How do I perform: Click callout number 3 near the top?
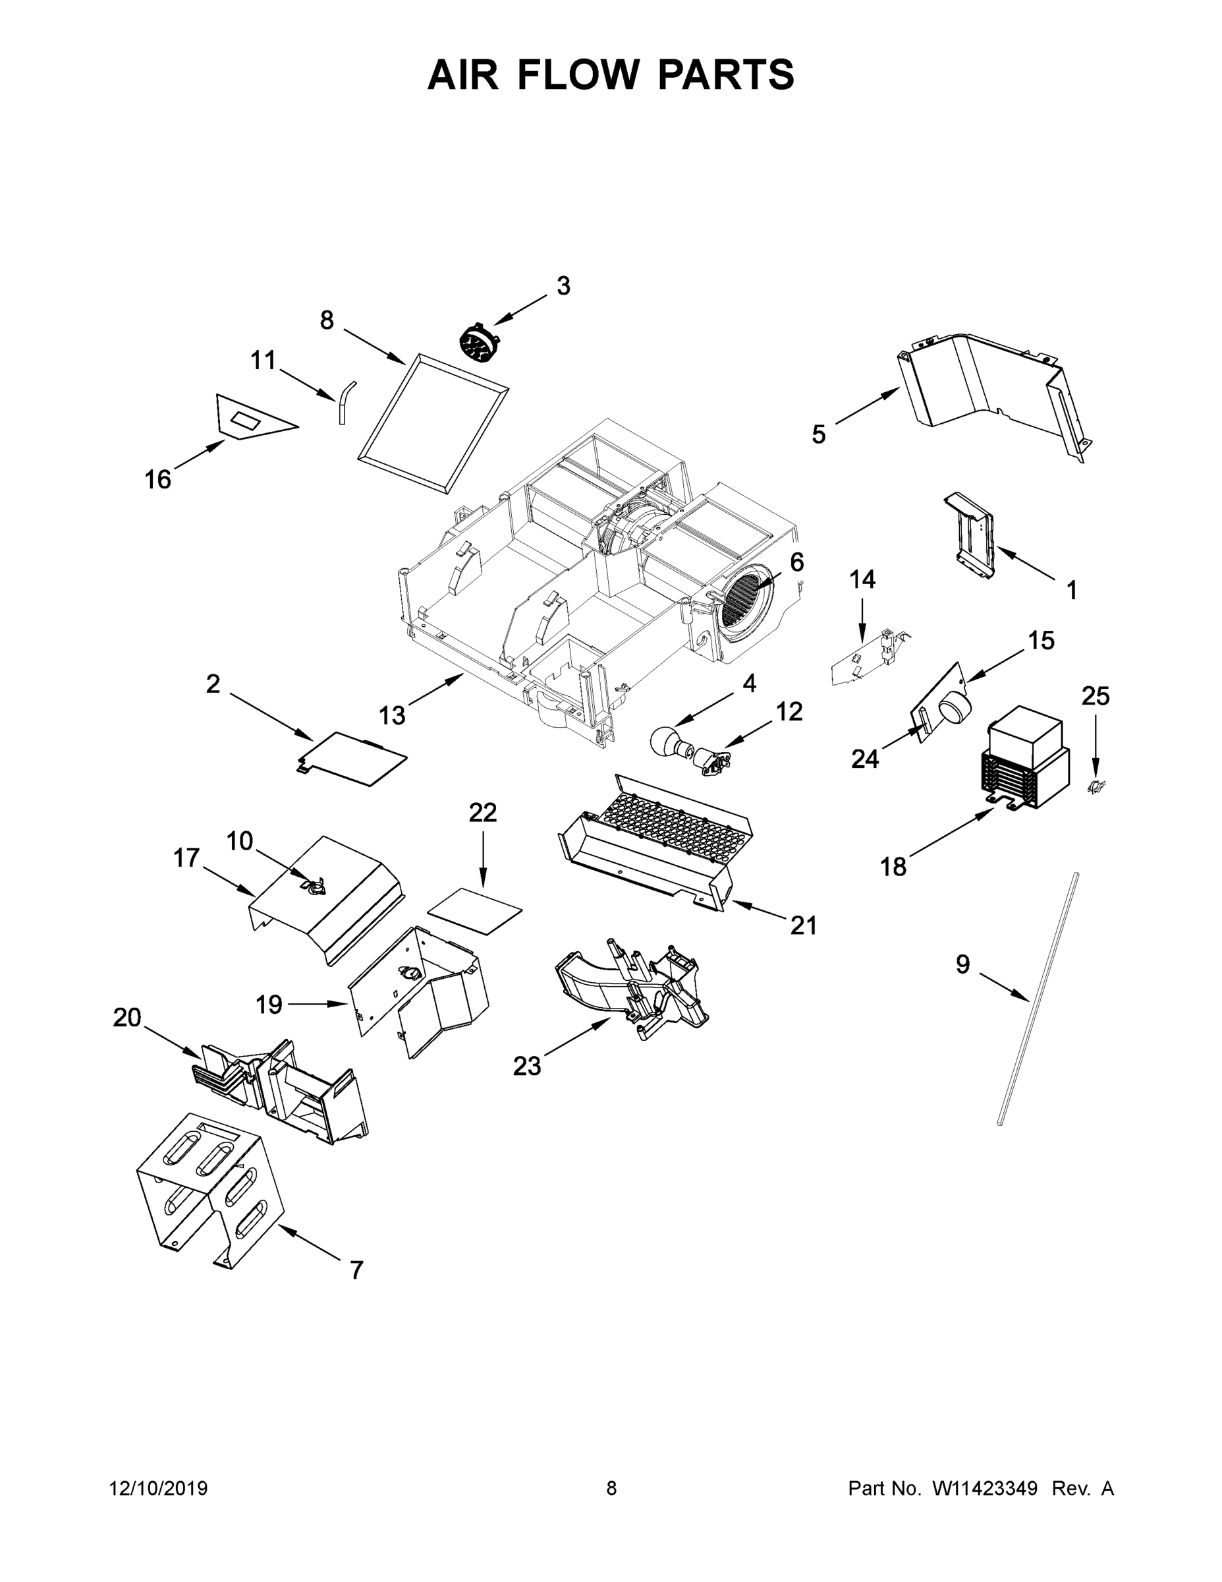563,286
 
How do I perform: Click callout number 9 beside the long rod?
962,964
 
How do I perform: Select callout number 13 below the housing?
392,716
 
